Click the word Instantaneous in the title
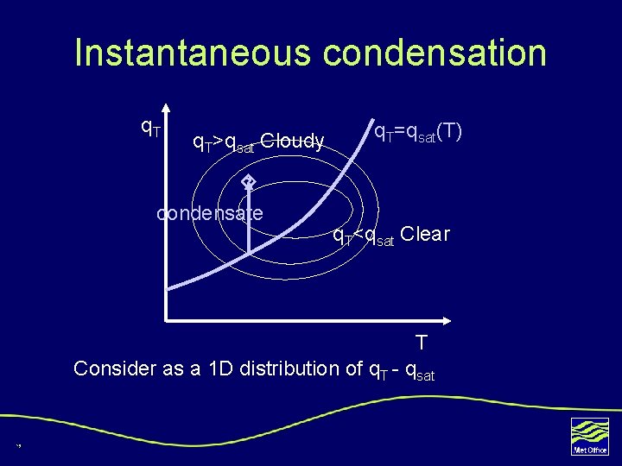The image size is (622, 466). [x=194, y=53]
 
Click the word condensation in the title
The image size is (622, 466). [x=435, y=53]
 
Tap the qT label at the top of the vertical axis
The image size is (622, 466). [x=150, y=128]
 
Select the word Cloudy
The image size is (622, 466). [x=292, y=141]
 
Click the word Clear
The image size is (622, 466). [x=425, y=235]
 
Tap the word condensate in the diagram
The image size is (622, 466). [x=209, y=213]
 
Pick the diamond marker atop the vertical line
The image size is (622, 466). [x=248, y=181]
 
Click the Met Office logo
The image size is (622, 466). [x=590, y=435]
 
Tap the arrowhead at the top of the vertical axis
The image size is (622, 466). [x=166, y=111]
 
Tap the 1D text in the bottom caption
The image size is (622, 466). [x=220, y=368]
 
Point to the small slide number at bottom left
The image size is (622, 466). [x=17, y=445]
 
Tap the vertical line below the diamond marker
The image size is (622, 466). [x=248, y=224]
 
